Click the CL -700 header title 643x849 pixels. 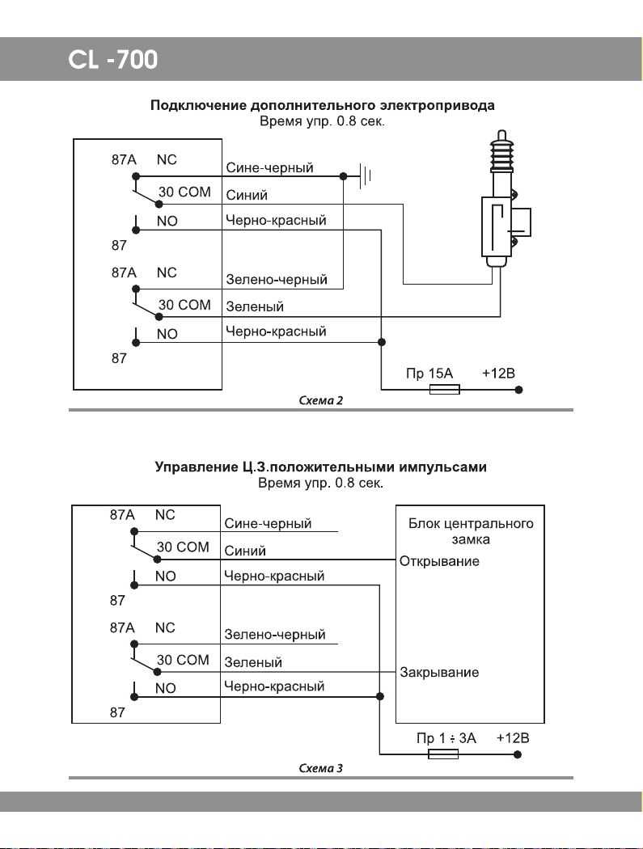point(112,60)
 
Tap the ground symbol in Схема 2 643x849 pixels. point(366,176)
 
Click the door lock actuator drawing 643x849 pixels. point(503,200)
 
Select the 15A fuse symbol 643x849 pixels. point(444,389)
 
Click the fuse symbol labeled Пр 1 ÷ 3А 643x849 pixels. point(443,754)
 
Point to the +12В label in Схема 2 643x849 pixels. point(498,373)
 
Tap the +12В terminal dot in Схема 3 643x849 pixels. point(518,754)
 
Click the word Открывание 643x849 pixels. point(439,561)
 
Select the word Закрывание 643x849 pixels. point(439,673)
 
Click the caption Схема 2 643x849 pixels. point(320,401)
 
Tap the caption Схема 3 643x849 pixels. point(320,768)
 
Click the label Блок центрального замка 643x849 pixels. point(471,531)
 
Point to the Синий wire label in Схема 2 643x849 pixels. point(247,195)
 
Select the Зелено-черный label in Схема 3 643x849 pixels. point(275,635)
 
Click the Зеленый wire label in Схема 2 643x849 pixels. point(255,306)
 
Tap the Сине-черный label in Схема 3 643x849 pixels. point(268,524)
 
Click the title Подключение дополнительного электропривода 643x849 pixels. point(323,105)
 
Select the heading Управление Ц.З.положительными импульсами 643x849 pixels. point(320,467)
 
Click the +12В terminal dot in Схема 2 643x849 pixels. point(519,389)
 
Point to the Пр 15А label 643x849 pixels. point(429,373)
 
